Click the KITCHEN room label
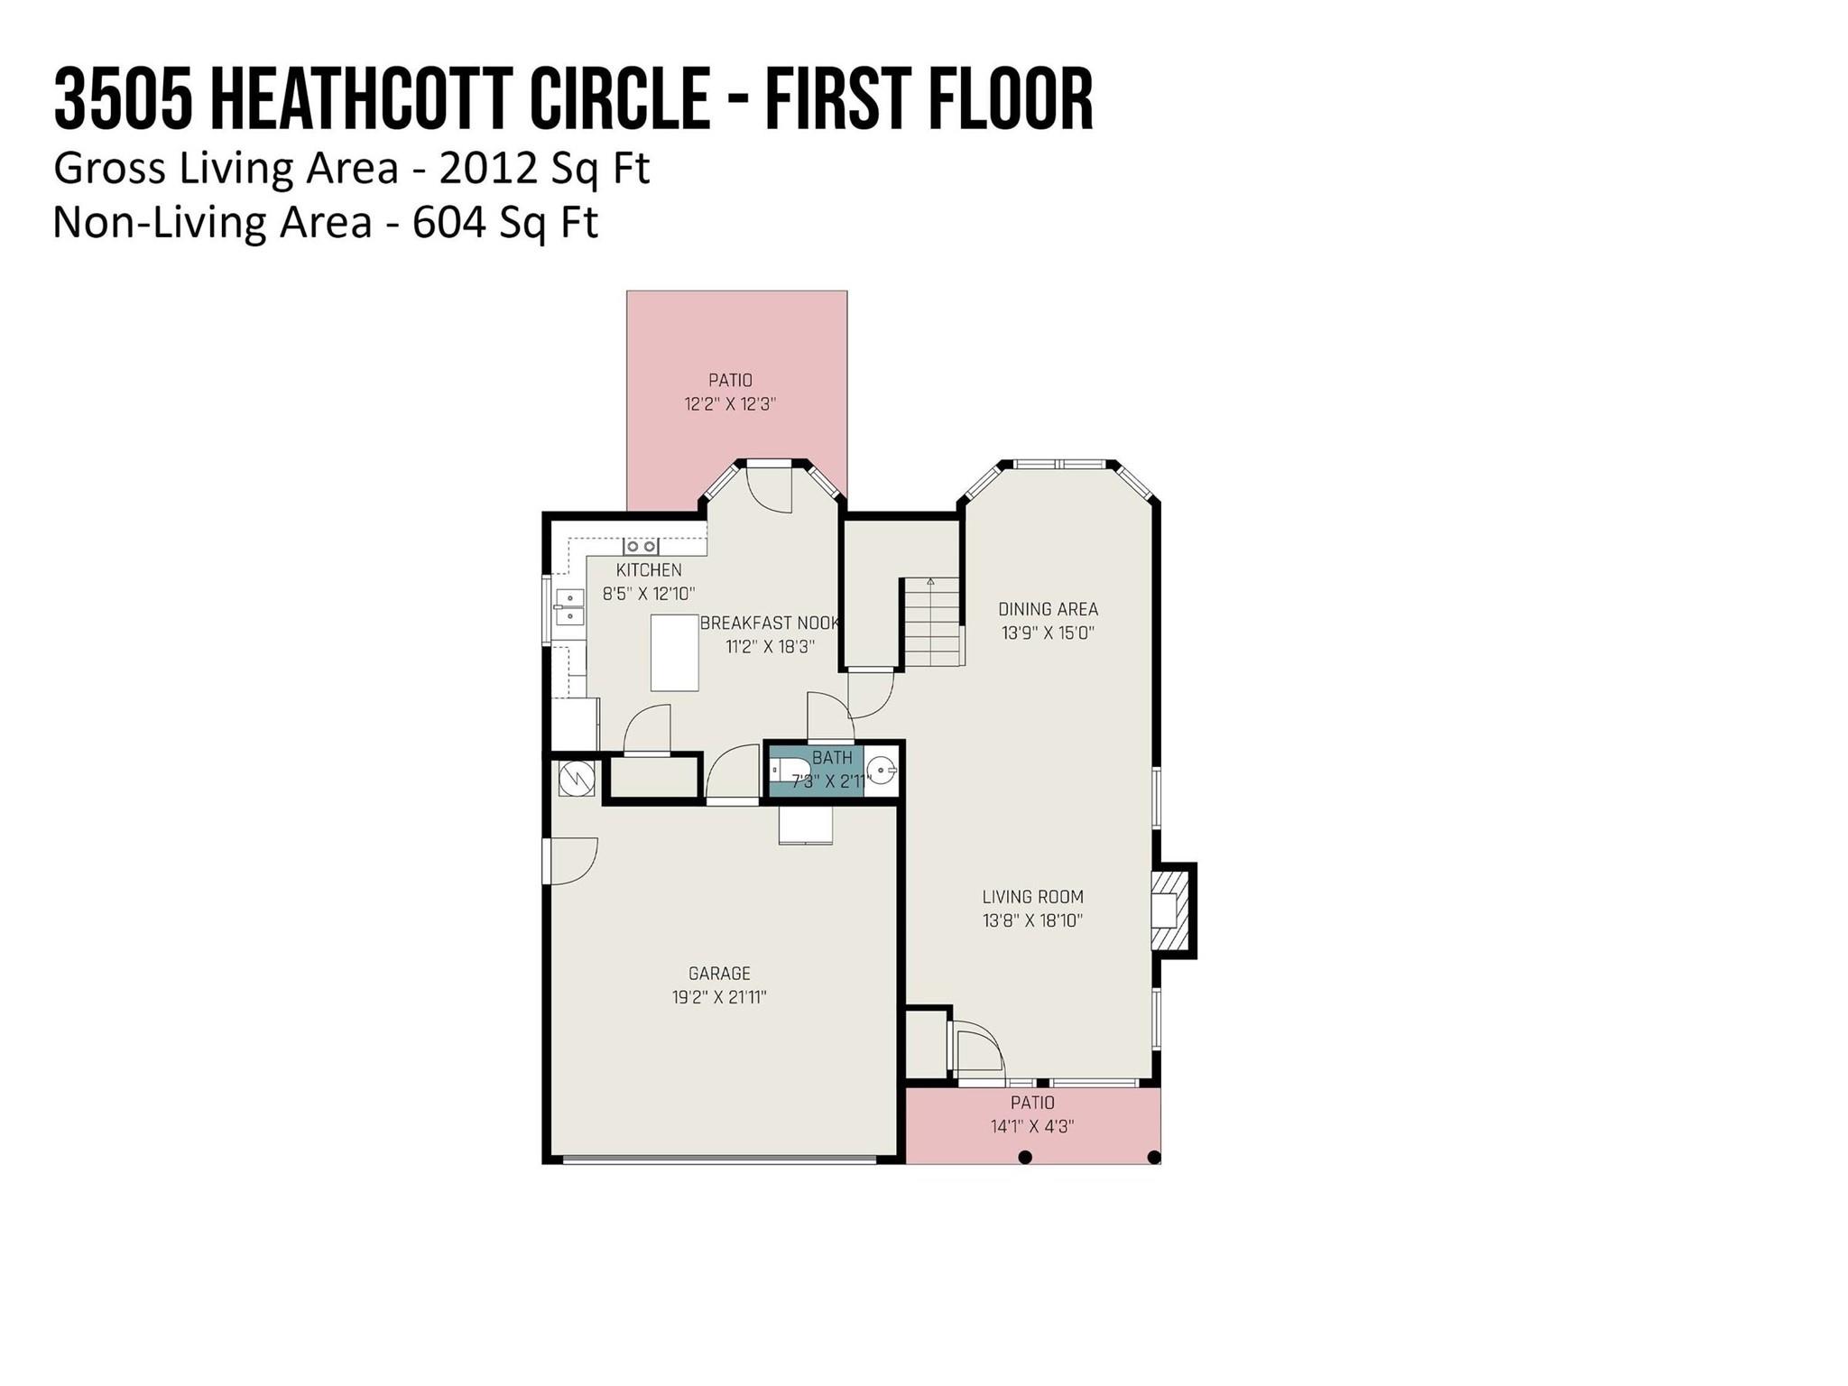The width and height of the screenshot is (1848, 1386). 649,570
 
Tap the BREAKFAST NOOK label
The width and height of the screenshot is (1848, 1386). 770,624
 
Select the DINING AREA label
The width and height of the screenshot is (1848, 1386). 1048,609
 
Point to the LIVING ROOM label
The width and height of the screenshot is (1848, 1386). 1032,897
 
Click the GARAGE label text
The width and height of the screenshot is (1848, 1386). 719,974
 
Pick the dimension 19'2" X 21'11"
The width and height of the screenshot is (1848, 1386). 719,997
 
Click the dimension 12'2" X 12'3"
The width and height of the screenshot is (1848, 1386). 730,404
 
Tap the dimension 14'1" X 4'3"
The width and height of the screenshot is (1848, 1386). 1032,1126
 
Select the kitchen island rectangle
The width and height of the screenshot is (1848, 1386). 675,652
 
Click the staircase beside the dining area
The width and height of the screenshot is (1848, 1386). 932,622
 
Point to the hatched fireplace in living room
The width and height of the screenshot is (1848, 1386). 1173,910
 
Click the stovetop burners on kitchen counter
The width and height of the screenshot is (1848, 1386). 641,547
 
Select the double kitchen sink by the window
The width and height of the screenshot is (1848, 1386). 569,606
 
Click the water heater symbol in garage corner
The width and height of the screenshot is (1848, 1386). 576,779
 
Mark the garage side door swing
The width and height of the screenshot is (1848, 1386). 570,861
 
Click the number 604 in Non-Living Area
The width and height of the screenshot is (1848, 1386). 449,222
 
